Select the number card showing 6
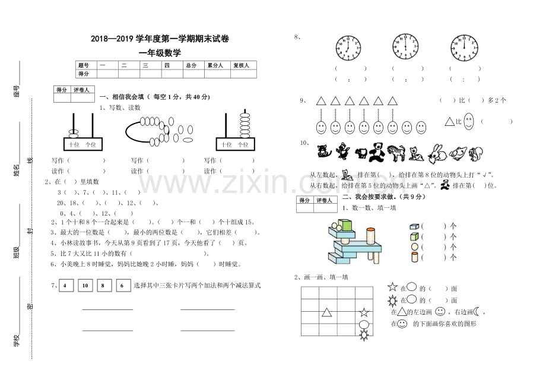[x=123, y=286]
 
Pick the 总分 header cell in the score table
[x=191, y=65]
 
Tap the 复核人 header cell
[x=241, y=65]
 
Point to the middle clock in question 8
[x=405, y=47]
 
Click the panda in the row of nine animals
[x=375, y=153]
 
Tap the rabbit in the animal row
[x=437, y=153]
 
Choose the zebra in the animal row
[x=396, y=153]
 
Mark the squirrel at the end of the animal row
[x=475, y=154]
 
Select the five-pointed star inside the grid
[x=364, y=312]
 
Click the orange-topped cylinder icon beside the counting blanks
[x=414, y=257]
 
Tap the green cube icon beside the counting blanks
[x=414, y=236]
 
